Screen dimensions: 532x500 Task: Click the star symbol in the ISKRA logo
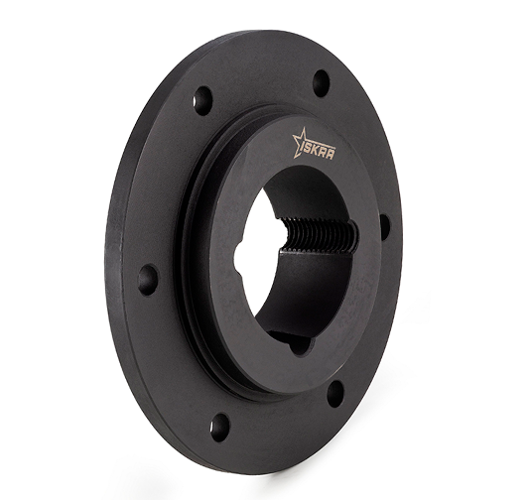coord(301,143)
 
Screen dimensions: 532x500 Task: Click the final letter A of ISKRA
coord(332,155)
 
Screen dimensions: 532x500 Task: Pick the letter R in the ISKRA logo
coord(325,154)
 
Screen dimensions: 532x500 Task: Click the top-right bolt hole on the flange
coord(321,82)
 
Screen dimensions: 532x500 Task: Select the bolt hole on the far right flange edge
coord(385,225)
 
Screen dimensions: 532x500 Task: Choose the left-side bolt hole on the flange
coord(148,280)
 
